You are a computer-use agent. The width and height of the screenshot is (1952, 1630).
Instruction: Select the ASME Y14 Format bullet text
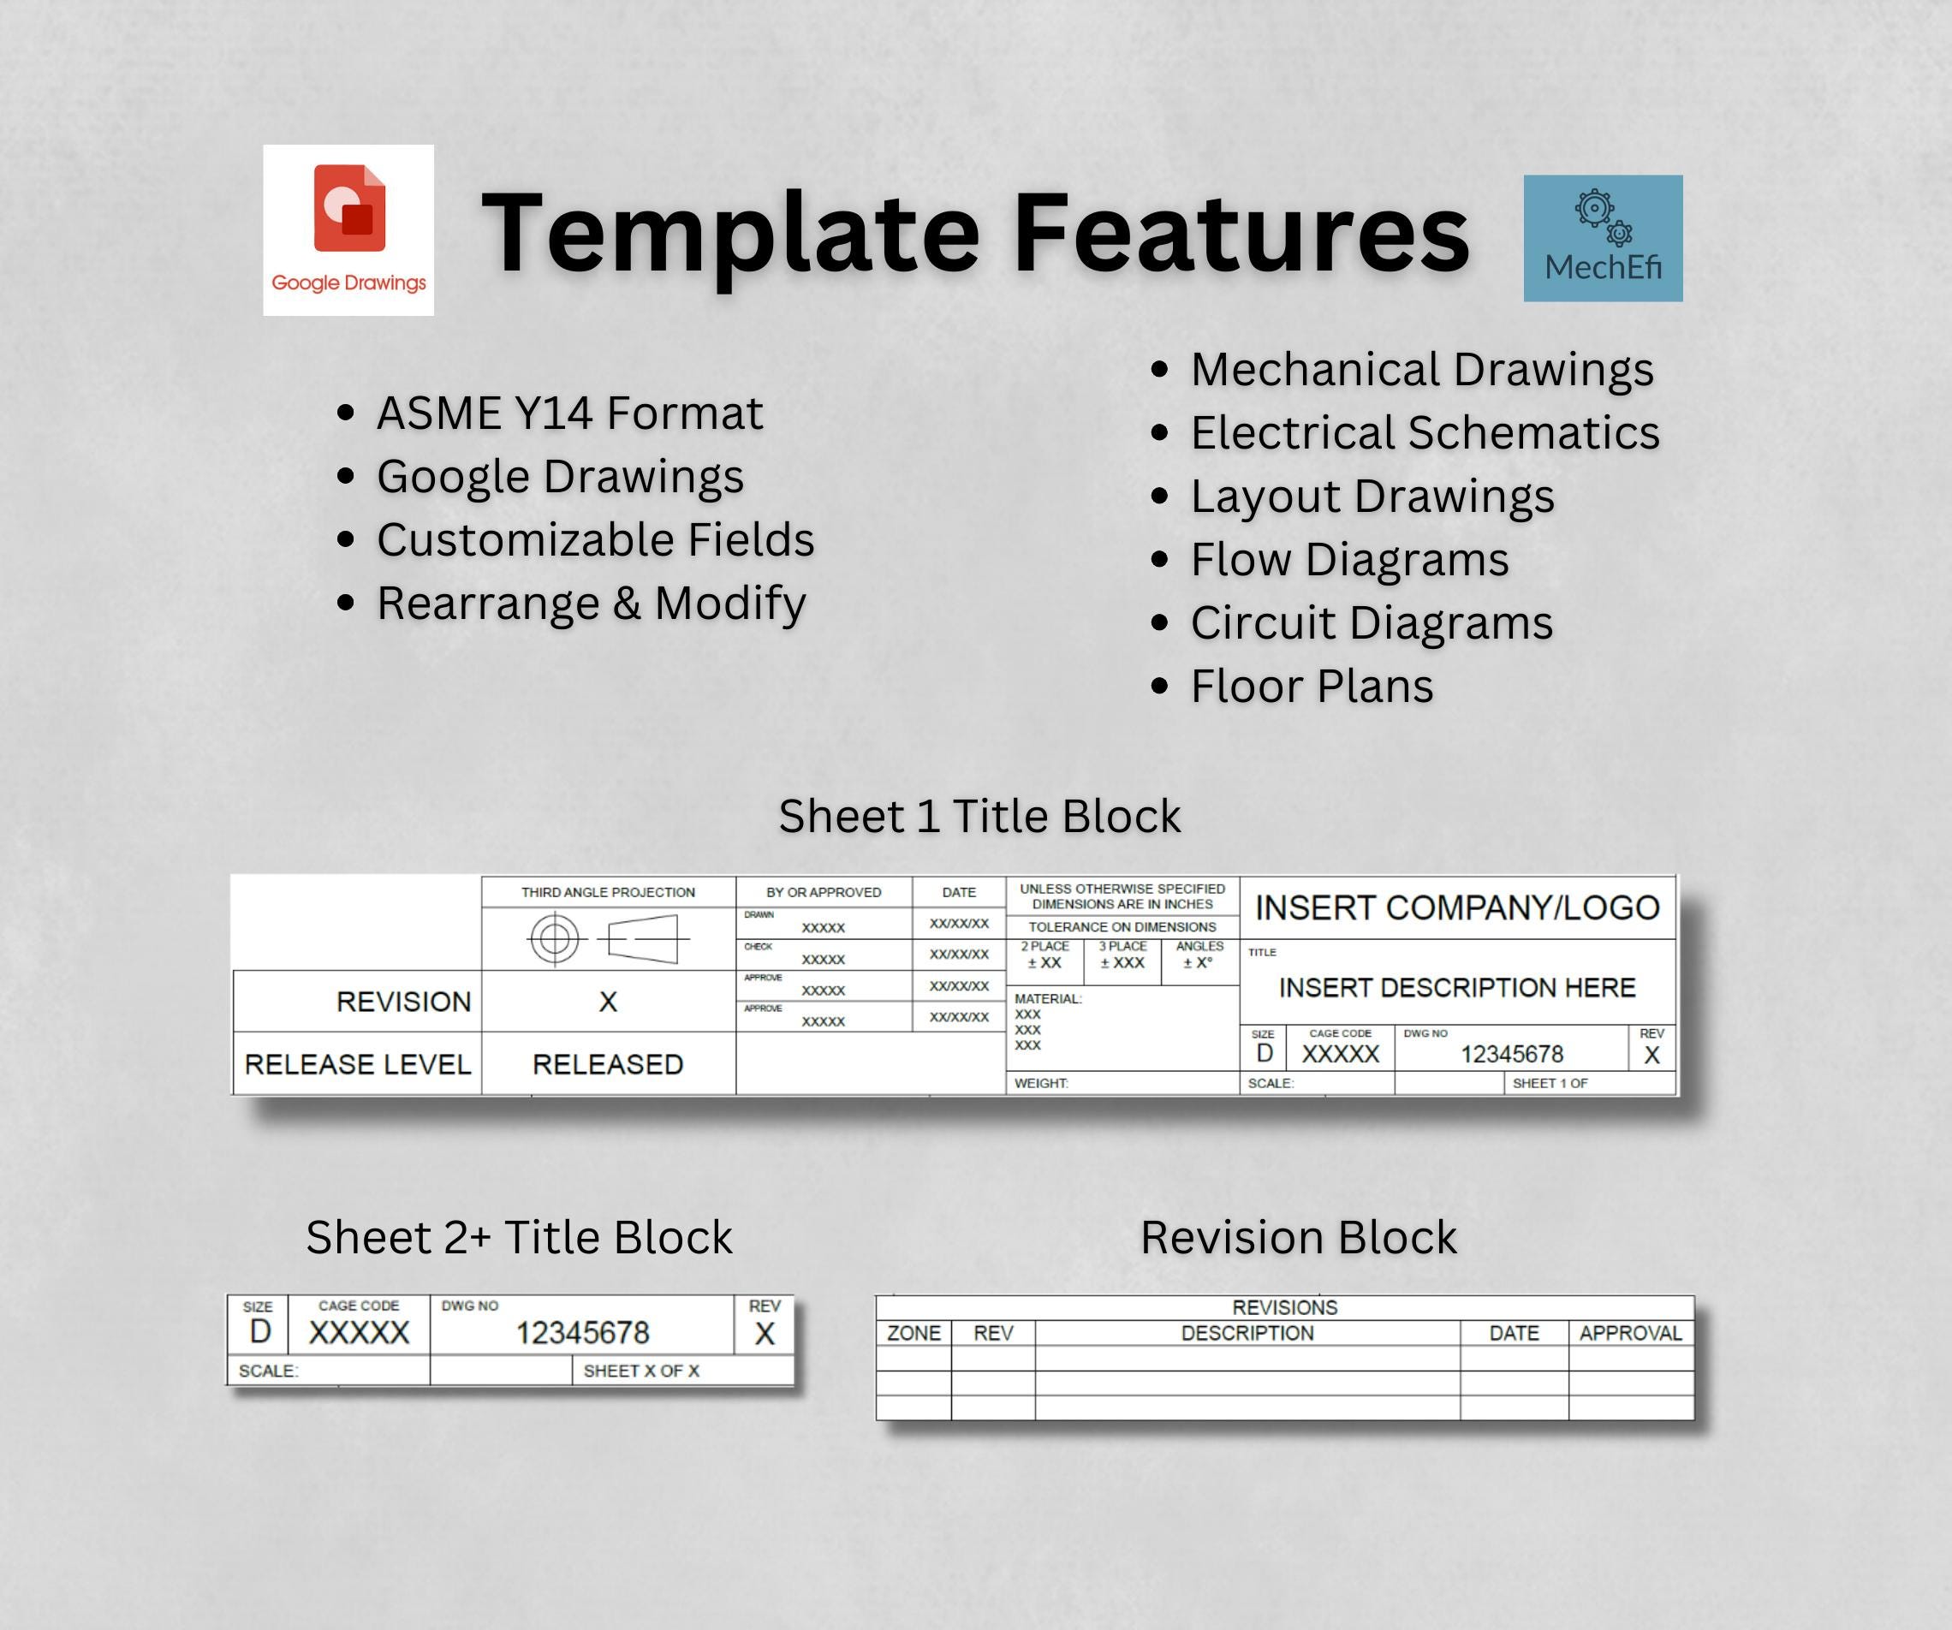[x=568, y=413]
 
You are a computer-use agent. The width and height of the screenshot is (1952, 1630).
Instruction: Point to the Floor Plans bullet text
[x=1312, y=687]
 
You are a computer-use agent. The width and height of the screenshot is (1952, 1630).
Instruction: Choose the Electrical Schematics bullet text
[x=1425, y=433]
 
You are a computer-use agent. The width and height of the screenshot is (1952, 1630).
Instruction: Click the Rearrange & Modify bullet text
[x=592, y=604]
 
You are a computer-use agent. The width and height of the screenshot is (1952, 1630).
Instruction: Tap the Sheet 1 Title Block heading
[x=979, y=816]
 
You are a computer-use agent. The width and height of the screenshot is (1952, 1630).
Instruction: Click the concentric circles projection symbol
[x=555, y=938]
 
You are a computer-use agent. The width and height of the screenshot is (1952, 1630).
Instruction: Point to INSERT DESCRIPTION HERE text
[x=1456, y=988]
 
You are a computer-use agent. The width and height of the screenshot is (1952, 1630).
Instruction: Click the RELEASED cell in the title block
[x=608, y=1064]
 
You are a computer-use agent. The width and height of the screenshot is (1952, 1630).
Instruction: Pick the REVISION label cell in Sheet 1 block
[x=403, y=1002]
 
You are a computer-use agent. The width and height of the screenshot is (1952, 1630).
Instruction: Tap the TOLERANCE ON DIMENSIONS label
[x=1122, y=926]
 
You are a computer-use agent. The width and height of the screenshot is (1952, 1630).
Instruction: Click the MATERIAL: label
[x=1048, y=999]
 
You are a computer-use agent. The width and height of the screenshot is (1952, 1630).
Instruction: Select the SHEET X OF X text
[x=640, y=1371]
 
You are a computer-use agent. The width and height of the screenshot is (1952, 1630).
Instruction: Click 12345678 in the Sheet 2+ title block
[x=582, y=1334]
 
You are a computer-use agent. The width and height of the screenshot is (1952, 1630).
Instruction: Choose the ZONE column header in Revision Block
[x=914, y=1334]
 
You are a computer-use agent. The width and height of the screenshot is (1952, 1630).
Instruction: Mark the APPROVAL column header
[x=1630, y=1334]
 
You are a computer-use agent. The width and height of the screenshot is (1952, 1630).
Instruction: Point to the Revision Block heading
[x=1298, y=1238]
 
